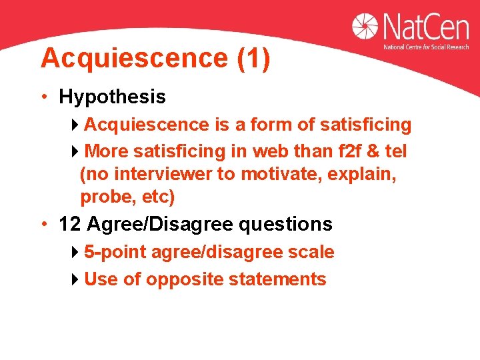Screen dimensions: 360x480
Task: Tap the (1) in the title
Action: [253, 59]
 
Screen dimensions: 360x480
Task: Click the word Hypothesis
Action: [112, 97]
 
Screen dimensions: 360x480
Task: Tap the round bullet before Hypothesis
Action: [42, 97]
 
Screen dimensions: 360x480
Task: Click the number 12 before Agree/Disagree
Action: [69, 224]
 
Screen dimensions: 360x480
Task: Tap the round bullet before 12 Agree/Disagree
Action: [42, 224]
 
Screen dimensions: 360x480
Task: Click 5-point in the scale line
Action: [115, 252]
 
